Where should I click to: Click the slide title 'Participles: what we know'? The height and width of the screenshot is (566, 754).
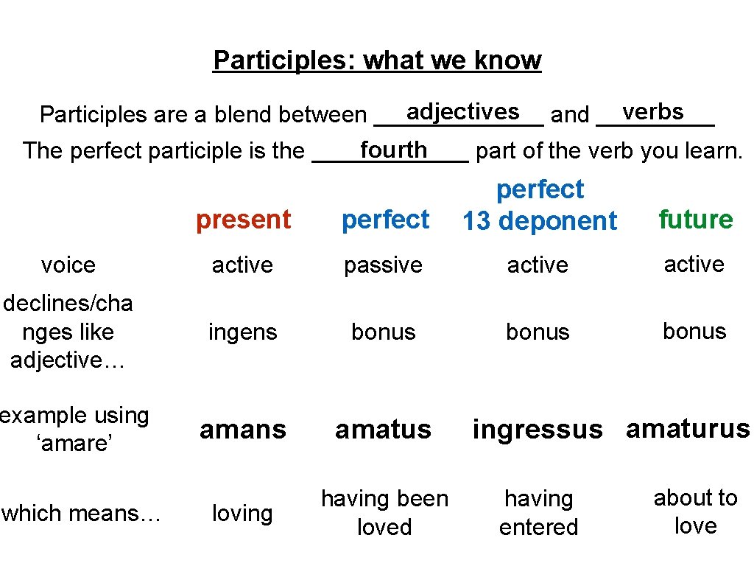[377, 60]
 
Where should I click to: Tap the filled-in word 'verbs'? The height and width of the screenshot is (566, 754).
[653, 111]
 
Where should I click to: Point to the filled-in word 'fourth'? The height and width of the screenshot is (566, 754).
[393, 150]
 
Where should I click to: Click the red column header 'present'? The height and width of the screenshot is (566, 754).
[243, 220]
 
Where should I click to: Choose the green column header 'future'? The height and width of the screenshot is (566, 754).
[695, 219]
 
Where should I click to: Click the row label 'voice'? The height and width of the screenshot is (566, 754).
[68, 265]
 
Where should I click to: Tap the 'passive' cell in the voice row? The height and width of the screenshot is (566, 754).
[383, 265]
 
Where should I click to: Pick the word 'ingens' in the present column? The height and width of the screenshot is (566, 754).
[242, 332]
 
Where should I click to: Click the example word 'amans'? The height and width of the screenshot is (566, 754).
[242, 429]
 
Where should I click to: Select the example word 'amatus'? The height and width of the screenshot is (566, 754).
[383, 429]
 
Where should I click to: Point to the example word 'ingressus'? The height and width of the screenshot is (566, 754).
[538, 429]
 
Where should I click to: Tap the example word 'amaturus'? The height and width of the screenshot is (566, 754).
[688, 428]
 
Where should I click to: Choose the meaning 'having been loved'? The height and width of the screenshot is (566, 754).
[384, 513]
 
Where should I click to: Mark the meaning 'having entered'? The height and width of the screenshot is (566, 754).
[538, 513]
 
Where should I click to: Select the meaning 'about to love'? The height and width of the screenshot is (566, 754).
[695, 512]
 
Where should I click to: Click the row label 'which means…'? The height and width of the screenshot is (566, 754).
[81, 513]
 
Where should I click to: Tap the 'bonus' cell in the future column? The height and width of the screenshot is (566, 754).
[694, 332]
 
